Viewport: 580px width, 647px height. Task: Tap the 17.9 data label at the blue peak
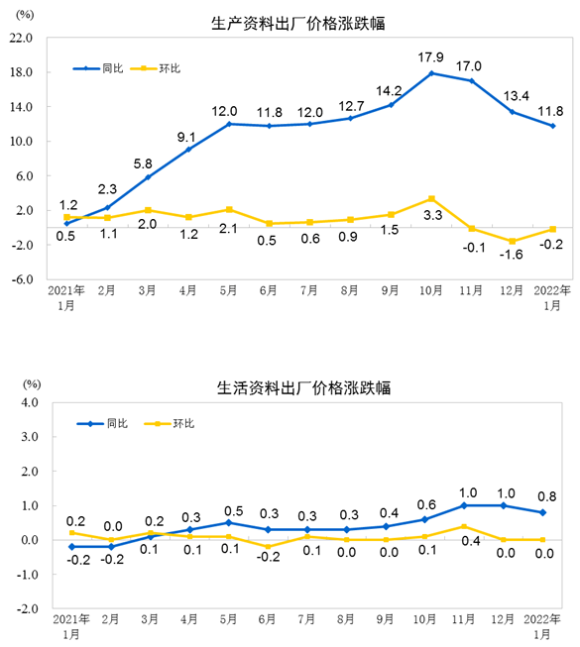coord(430,57)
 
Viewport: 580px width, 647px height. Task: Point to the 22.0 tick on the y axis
coord(22,39)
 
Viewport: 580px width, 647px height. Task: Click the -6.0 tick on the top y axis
coord(22,279)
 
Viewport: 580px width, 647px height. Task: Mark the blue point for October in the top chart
coord(430,73)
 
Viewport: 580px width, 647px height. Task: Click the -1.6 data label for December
coord(511,256)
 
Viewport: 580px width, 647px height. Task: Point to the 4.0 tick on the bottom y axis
coord(27,403)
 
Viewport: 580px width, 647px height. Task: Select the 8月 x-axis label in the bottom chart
coord(350,621)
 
